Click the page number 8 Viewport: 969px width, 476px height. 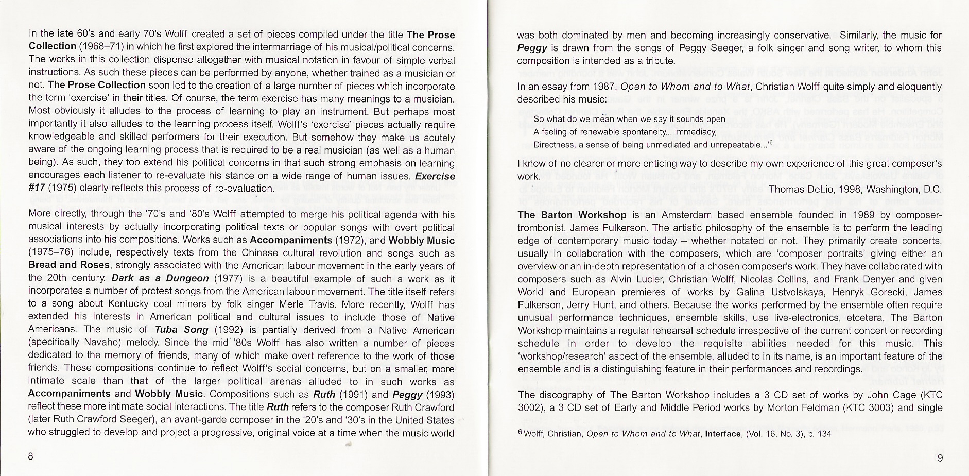tap(31, 456)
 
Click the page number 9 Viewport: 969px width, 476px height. tap(940, 458)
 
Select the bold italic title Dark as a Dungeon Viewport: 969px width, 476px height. tap(160, 278)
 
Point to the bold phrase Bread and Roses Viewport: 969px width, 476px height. tap(69, 265)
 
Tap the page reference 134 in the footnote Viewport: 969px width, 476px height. tap(824, 434)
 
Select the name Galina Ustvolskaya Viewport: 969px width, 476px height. tap(774, 292)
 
